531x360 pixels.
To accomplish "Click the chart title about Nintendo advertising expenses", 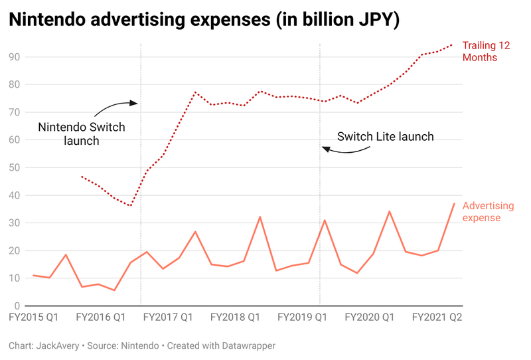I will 204,20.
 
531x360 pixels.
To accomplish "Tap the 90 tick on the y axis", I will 13,57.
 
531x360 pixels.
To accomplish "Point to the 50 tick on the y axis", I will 13,167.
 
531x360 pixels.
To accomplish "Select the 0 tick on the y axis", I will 17,306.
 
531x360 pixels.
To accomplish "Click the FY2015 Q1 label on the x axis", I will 33,318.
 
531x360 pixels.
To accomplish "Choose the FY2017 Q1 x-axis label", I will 168,318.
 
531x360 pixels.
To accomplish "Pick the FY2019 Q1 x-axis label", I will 303,318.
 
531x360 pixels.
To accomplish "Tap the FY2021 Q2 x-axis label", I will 437,318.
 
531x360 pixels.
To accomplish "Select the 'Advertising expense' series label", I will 490,212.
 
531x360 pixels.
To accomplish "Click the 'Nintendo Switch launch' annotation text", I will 81,134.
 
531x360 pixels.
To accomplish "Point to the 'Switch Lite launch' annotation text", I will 385,137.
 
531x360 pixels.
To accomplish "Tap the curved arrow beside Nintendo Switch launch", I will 114,108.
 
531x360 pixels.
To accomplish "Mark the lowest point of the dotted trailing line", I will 131,206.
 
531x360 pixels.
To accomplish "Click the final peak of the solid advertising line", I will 455,203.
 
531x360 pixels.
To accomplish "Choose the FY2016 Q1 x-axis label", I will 101,318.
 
